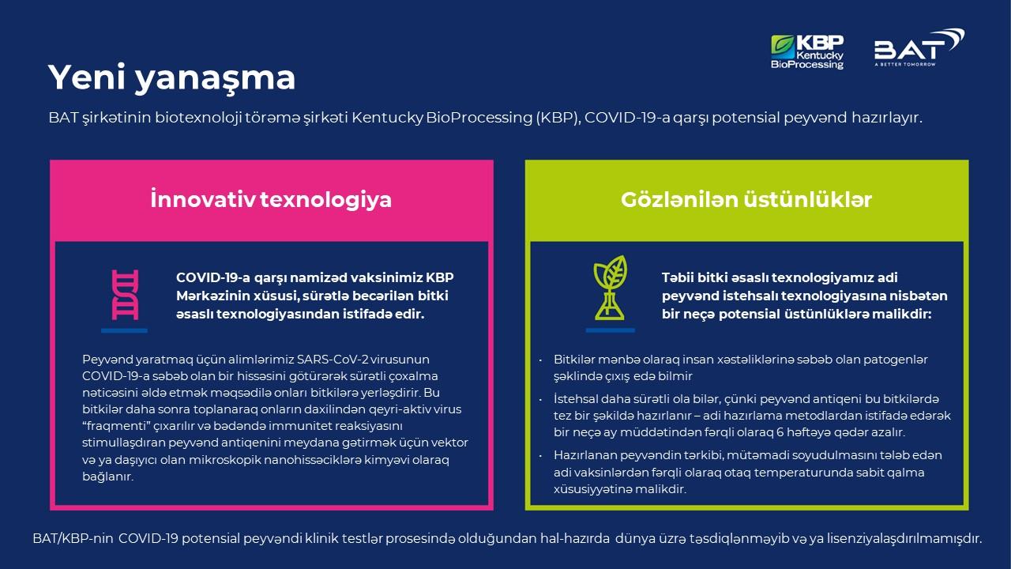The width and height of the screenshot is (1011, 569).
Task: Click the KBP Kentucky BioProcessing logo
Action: [x=807, y=52]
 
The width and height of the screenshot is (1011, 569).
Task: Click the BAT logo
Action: [x=919, y=48]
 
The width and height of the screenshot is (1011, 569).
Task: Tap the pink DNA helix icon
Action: [x=125, y=295]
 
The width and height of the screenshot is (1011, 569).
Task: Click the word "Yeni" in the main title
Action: [x=87, y=77]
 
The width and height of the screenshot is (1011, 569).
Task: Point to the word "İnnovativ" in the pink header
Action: [x=203, y=199]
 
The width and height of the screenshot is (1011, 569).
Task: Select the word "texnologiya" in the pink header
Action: [x=326, y=201]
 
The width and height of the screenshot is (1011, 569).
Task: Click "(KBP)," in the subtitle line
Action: [x=558, y=118]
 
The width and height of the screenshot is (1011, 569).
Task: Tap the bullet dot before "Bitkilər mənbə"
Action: [x=540, y=360]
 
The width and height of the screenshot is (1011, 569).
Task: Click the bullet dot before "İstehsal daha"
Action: [x=540, y=400]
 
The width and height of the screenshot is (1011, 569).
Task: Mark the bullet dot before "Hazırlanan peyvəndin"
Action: [x=540, y=456]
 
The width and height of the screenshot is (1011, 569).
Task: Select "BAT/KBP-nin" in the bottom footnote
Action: [x=73, y=539]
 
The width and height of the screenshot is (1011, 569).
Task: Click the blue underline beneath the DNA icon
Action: [x=124, y=331]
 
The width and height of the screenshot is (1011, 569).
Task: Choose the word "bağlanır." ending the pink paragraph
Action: [x=108, y=477]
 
